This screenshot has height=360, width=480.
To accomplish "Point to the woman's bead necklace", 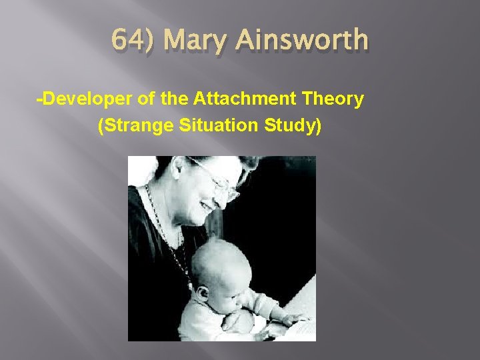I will pos(167,227).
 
